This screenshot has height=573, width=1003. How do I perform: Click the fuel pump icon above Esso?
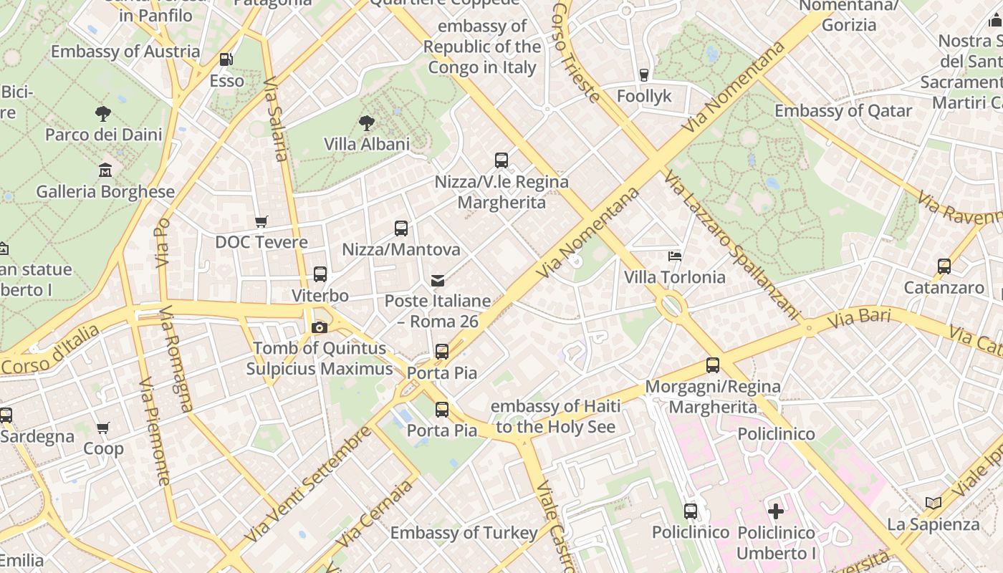pos(226,59)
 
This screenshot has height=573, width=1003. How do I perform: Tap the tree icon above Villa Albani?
pos(367,122)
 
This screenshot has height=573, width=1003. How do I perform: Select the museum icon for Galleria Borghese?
pos(105,170)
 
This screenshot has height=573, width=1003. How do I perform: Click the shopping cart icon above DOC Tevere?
pos(261,221)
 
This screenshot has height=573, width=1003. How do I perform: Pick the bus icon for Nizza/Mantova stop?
pos(401,228)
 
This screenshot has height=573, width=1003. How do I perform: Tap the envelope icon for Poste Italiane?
pos(437,280)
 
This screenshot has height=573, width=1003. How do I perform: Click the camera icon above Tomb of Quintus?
pos(320,327)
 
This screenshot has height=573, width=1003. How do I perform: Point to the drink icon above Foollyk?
pos(643,74)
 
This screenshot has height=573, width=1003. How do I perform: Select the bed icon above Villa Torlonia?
pos(674,256)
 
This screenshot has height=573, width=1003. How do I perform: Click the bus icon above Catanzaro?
pos(944,266)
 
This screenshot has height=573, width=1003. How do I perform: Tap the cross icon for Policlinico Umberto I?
pos(776,511)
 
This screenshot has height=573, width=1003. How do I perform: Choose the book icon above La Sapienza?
pos(933,503)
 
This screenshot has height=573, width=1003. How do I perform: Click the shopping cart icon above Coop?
pos(103,428)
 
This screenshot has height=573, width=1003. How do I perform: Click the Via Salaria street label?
pos(276,120)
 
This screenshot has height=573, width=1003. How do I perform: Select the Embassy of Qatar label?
pos(843,111)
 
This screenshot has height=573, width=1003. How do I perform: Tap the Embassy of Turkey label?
pos(464,533)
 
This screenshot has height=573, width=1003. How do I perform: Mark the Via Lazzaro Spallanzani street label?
pos(731,244)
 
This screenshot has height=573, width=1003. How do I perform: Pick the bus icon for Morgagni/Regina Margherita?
pos(712,365)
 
